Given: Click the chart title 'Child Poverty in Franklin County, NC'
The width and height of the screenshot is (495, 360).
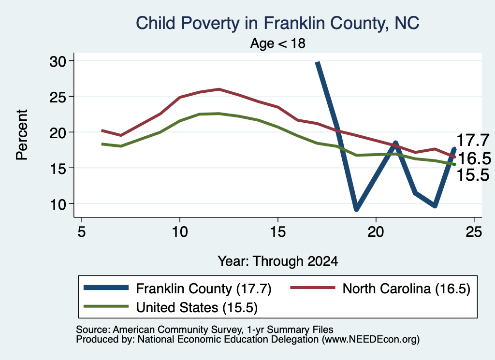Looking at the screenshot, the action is click(x=277, y=24).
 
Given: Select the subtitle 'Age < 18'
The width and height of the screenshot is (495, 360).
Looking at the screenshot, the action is click(x=278, y=43).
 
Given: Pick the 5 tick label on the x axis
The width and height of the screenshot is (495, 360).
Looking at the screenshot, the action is click(x=82, y=232).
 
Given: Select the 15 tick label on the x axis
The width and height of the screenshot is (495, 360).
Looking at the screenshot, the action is click(x=278, y=232).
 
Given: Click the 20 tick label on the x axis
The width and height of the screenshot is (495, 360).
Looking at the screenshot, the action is click(x=376, y=232).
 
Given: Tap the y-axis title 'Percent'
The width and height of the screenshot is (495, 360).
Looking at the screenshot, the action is click(x=22, y=135).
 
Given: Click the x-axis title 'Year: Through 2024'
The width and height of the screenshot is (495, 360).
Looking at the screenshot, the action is click(x=278, y=261).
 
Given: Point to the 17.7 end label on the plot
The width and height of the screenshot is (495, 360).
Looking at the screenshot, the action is click(x=473, y=140).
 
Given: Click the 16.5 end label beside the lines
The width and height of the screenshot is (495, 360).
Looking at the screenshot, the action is click(x=474, y=158).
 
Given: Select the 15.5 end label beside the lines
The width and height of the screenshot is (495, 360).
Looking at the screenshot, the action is click(x=473, y=175).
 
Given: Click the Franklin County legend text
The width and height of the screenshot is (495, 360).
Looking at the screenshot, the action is click(x=204, y=288).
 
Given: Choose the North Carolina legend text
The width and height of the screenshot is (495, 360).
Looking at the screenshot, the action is click(x=407, y=288).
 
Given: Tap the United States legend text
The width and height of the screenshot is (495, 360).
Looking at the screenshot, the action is click(x=197, y=308).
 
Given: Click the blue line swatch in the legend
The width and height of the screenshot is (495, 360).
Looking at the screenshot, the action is click(x=106, y=288).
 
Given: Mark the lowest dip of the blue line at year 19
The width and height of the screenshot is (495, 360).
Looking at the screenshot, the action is click(x=356, y=209).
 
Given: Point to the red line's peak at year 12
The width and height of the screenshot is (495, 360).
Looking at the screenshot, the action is click(x=219, y=89).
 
